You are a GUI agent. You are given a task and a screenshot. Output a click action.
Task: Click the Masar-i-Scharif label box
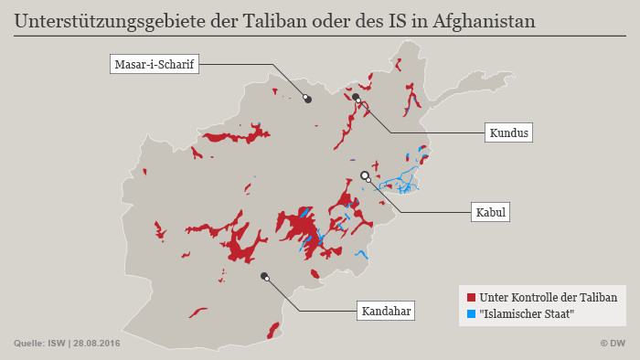point(154,65)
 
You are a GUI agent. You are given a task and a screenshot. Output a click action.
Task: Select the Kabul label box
point(491,213)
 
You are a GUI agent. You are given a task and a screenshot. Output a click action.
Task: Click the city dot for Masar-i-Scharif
point(308,99)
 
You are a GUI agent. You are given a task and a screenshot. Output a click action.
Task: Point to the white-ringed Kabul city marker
point(365,175)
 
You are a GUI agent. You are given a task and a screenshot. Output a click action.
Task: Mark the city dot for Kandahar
point(264,276)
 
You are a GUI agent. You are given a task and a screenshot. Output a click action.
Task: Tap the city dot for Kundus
point(356,96)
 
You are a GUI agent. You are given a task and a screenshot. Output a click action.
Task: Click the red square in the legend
point(471,298)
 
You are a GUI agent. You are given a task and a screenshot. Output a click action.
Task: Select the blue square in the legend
point(471,313)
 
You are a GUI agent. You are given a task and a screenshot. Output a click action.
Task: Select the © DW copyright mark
point(613,344)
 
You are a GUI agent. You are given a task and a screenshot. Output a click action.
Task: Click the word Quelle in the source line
point(29,344)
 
